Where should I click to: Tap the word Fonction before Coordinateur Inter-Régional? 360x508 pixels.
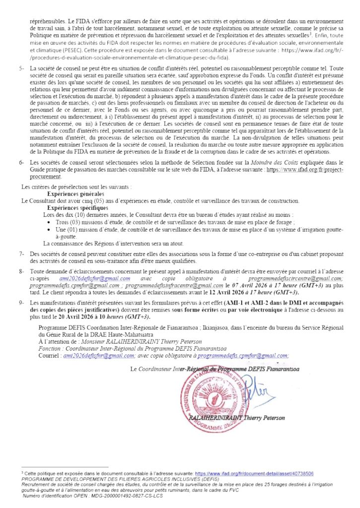[x=51, y=348]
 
